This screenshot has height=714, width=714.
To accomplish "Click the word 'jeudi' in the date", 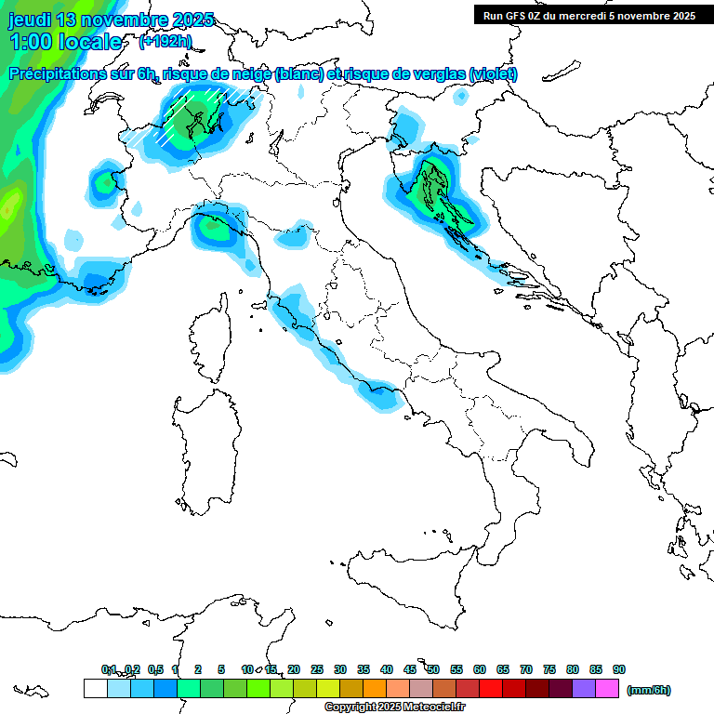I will point(31,20).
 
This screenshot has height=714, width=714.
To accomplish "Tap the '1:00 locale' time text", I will point(66,42).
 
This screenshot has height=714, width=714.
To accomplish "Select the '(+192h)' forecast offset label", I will point(165,42).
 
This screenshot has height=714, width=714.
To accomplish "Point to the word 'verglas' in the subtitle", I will point(436,74).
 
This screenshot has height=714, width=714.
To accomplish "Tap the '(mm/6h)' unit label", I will point(649,690).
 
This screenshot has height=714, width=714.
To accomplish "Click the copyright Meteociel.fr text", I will point(394,707).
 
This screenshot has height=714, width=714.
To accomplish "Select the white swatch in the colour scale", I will point(95,689).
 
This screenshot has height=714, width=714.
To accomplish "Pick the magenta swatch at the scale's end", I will point(608,689).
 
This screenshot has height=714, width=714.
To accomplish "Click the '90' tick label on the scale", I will point(619,669).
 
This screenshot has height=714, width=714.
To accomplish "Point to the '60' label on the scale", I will point(480,669).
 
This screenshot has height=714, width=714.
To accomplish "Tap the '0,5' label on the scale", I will point(155,669).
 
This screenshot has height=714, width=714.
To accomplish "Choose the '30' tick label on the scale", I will point(340,669).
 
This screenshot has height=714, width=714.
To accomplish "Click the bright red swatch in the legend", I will point(491,689).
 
